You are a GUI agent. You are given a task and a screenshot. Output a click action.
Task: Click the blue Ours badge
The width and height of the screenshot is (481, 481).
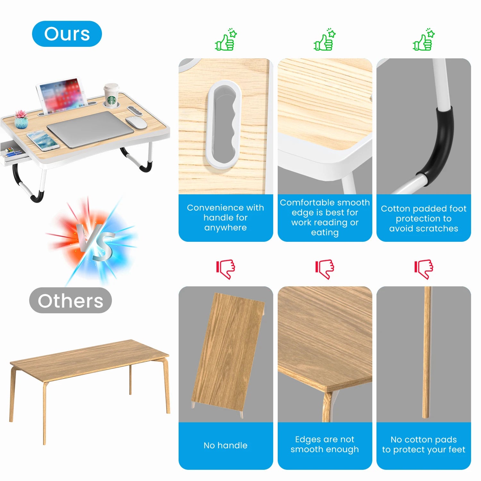[x=67, y=34]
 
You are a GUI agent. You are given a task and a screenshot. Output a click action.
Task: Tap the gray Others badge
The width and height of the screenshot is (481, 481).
[x=70, y=300]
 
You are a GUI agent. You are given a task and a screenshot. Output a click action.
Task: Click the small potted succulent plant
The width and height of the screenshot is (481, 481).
[x=21, y=120]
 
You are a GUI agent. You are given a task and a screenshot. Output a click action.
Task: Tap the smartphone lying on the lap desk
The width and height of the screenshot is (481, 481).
[x=43, y=140]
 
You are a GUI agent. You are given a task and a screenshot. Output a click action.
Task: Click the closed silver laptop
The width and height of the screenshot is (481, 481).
[x=90, y=129]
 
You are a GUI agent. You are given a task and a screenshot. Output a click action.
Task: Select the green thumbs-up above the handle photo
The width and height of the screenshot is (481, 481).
[x=226, y=40]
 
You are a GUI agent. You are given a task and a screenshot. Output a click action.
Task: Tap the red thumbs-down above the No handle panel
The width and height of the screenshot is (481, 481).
[x=226, y=269]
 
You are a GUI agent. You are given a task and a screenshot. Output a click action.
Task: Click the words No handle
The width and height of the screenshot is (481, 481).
[x=225, y=445]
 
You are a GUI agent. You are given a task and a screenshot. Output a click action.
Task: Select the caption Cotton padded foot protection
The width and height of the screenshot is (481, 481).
[x=424, y=218]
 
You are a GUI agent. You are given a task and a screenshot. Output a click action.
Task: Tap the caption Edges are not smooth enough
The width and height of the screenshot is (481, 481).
[x=325, y=444]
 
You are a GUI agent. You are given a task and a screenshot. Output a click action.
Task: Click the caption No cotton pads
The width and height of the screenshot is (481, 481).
[x=424, y=444]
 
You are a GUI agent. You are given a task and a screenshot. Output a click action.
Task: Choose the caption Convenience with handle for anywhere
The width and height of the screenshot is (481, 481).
[x=225, y=217]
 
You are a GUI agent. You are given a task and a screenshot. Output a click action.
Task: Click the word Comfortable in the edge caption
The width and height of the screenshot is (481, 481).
[x=302, y=203]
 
